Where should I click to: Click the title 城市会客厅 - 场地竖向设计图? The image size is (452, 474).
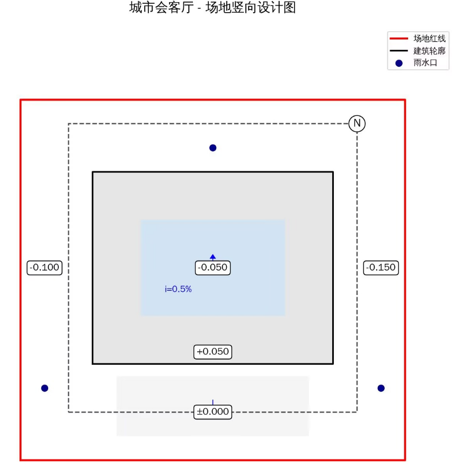coord(212,8)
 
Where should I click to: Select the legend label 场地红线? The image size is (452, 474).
coord(429,39)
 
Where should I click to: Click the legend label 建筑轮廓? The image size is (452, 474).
coord(429,51)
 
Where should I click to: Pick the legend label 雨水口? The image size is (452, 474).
coord(425,63)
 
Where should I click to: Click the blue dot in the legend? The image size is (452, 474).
coord(399,63)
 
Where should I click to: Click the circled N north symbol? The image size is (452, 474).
coord(357,123)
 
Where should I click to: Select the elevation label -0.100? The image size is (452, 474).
coord(45,268)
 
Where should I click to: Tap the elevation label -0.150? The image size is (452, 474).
coord(381,268)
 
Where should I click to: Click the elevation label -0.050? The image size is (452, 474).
coord(212,268)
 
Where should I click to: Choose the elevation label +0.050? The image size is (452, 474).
coord(212,352)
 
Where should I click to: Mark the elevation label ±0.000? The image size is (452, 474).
coord(212,412)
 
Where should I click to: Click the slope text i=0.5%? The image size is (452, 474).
coord(178,289)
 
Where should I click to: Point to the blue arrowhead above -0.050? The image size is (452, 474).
coord(212,257)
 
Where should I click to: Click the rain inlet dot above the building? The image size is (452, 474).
coord(212,148)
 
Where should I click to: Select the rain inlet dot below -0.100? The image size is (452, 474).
coord(45,388)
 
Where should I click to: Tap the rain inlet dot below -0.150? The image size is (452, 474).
coord(381,388)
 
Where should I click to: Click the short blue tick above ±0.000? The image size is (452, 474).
coord(212,403)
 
